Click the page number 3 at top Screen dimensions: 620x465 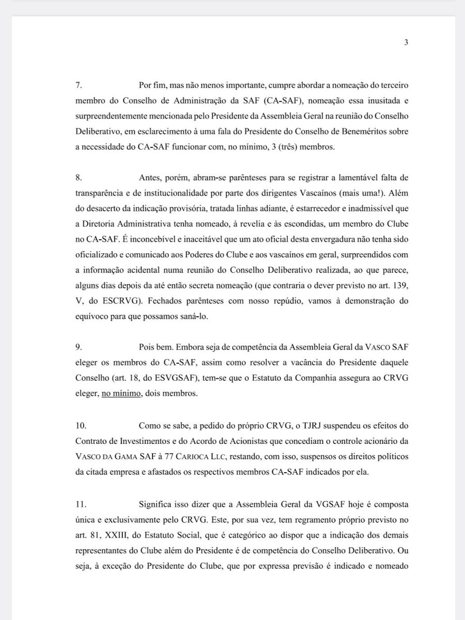pos(406,43)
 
